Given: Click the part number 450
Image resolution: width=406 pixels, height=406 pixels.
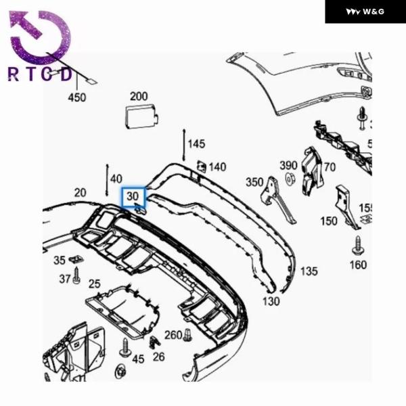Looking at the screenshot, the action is [x=76, y=97].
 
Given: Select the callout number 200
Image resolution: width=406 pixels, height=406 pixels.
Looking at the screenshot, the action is [x=139, y=96].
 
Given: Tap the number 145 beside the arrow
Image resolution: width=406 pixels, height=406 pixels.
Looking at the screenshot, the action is [x=196, y=144].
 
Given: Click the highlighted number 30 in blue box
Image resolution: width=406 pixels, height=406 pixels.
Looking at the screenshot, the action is [x=133, y=196].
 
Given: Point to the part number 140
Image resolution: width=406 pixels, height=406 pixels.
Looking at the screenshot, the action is [x=217, y=167].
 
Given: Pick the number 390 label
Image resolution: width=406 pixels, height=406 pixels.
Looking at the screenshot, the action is [x=288, y=165].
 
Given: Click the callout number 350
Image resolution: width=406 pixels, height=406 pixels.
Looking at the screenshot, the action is [x=254, y=182].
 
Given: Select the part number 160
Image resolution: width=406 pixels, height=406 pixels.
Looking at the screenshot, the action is [x=358, y=265].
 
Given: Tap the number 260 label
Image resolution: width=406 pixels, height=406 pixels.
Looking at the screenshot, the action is [x=173, y=336].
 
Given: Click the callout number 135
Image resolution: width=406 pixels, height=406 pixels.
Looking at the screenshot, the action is [x=309, y=271].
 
